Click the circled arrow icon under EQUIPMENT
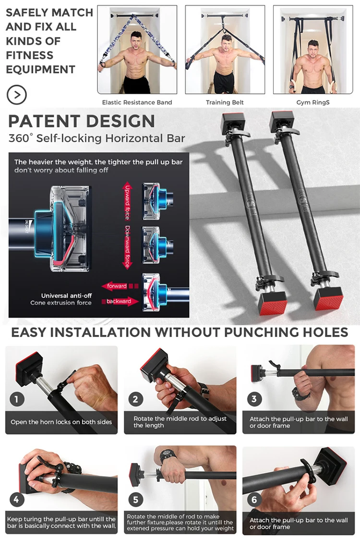tap(17, 94)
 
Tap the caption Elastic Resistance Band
tap(137, 102)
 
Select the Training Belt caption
tap(225, 102)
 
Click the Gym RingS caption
tap(313, 102)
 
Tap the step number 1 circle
tap(17, 399)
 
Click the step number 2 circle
tap(135, 399)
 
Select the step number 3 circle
tap(254, 399)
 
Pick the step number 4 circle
tap(16, 500)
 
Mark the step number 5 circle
tap(135, 500)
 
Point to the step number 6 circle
tap(254, 500)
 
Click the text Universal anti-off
tap(66, 295)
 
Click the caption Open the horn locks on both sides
tap(61, 422)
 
